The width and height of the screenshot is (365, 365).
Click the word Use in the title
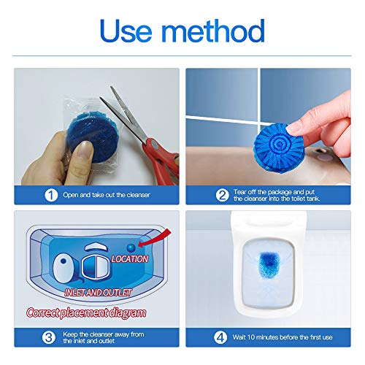pyautogui.click(x=128, y=31)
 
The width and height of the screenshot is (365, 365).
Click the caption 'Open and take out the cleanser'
pyautogui.click(x=94, y=195)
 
